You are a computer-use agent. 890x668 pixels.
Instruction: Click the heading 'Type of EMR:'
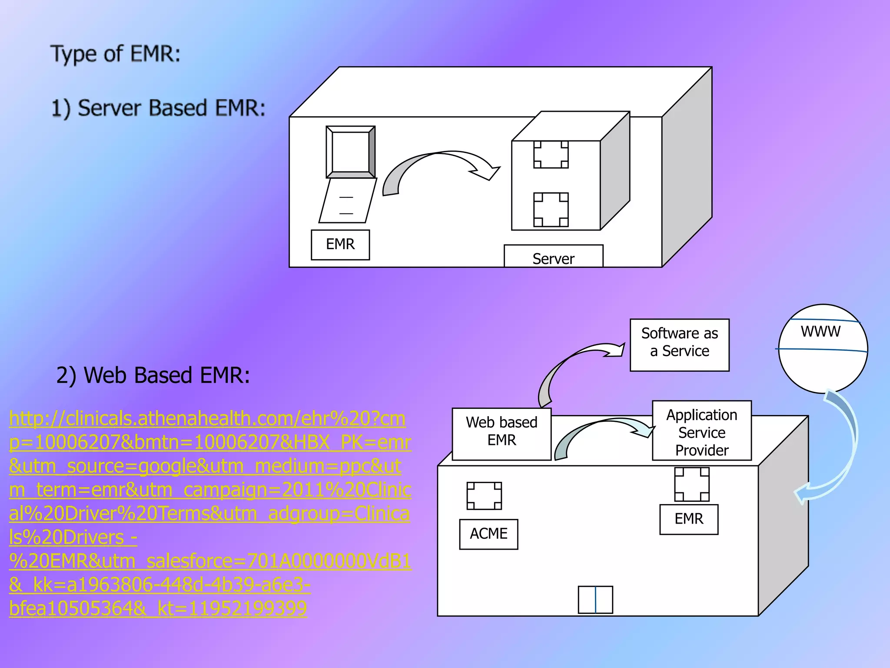[116, 54]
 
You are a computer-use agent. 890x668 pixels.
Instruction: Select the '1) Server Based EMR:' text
[158, 108]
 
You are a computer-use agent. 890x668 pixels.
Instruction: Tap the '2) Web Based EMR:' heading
[153, 375]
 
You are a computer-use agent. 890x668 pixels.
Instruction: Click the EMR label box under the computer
[340, 245]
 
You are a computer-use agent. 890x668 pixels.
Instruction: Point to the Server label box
[553, 257]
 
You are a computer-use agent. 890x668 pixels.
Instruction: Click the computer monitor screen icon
[350, 152]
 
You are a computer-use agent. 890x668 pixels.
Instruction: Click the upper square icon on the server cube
[551, 154]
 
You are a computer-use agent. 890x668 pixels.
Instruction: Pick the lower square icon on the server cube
[551, 210]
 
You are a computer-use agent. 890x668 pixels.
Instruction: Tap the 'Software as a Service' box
[679, 345]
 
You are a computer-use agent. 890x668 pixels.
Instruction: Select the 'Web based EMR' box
[501, 434]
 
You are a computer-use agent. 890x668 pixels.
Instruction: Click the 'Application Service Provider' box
[701, 431]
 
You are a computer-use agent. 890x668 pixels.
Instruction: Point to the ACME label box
[488, 534]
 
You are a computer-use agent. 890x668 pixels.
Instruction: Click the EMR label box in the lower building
[688, 519]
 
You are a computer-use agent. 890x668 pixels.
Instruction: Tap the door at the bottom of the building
[595, 600]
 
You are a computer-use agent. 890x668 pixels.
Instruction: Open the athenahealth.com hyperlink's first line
[207, 418]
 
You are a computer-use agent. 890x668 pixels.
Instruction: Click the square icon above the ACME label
[484, 496]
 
